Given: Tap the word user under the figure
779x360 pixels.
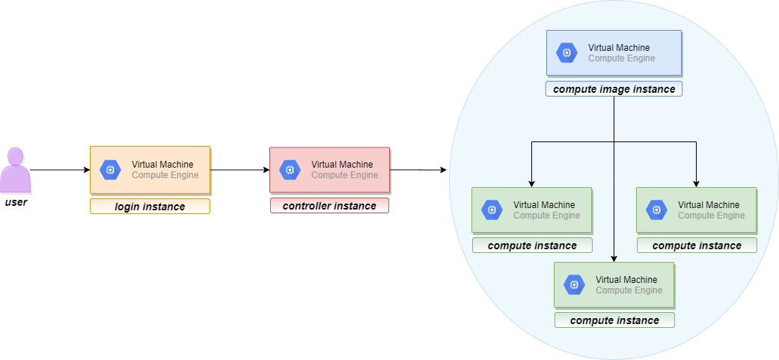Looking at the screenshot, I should (x=16, y=202).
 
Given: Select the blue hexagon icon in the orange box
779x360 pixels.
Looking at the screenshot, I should (x=110, y=170).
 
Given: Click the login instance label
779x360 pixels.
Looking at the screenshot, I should (x=150, y=207).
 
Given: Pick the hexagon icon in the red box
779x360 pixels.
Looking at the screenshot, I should (x=290, y=170).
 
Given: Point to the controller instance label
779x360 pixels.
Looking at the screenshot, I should (x=329, y=206).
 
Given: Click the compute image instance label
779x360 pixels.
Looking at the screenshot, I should (x=614, y=89).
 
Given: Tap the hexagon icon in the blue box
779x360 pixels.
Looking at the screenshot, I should (x=566, y=52).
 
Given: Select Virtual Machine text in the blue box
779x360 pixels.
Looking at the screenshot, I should (x=619, y=48).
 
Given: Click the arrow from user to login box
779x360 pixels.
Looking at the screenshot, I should (x=60, y=170).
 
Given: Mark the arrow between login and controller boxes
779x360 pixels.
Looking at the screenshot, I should (x=239, y=170).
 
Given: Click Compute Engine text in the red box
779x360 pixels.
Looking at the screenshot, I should (x=344, y=175).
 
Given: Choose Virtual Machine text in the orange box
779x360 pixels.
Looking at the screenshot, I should (x=162, y=165).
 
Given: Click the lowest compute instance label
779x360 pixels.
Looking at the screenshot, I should (x=614, y=320).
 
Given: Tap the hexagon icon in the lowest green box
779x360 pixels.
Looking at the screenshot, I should (x=574, y=284).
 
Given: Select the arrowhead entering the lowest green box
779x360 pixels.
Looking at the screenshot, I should (x=614, y=258).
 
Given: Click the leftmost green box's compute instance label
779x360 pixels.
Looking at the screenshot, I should (x=532, y=245).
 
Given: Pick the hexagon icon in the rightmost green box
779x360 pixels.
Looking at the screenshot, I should (x=656, y=210).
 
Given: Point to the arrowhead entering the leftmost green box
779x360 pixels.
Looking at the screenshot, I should (x=532, y=183).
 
